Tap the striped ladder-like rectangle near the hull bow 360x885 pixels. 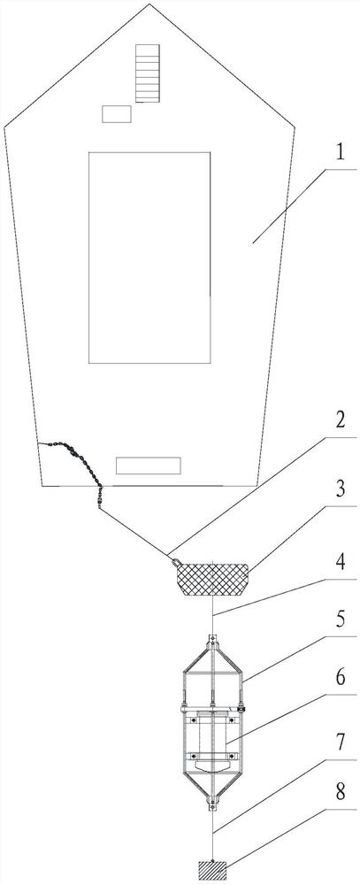coord(147,73)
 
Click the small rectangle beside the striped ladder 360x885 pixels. coord(116,114)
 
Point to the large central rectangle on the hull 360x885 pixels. coord(149,258)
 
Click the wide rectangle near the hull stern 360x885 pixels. coord(149,466)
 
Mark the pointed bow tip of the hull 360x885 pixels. coord(149,4)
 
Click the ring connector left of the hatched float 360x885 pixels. coord(176,561)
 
